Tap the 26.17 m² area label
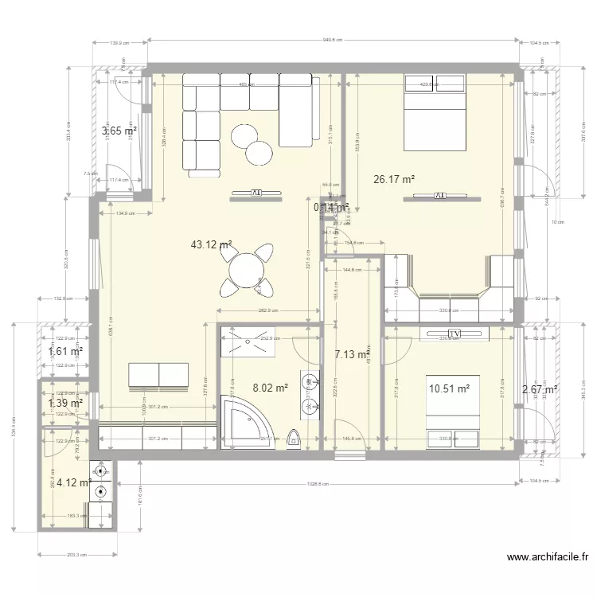coord(394,180)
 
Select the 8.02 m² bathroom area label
coord(270,388)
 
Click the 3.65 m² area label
coord(119,131)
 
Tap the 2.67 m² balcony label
coord(539,389)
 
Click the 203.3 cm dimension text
coord(76,555)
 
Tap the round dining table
coord(248,270)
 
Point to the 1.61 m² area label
coord(65,351)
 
